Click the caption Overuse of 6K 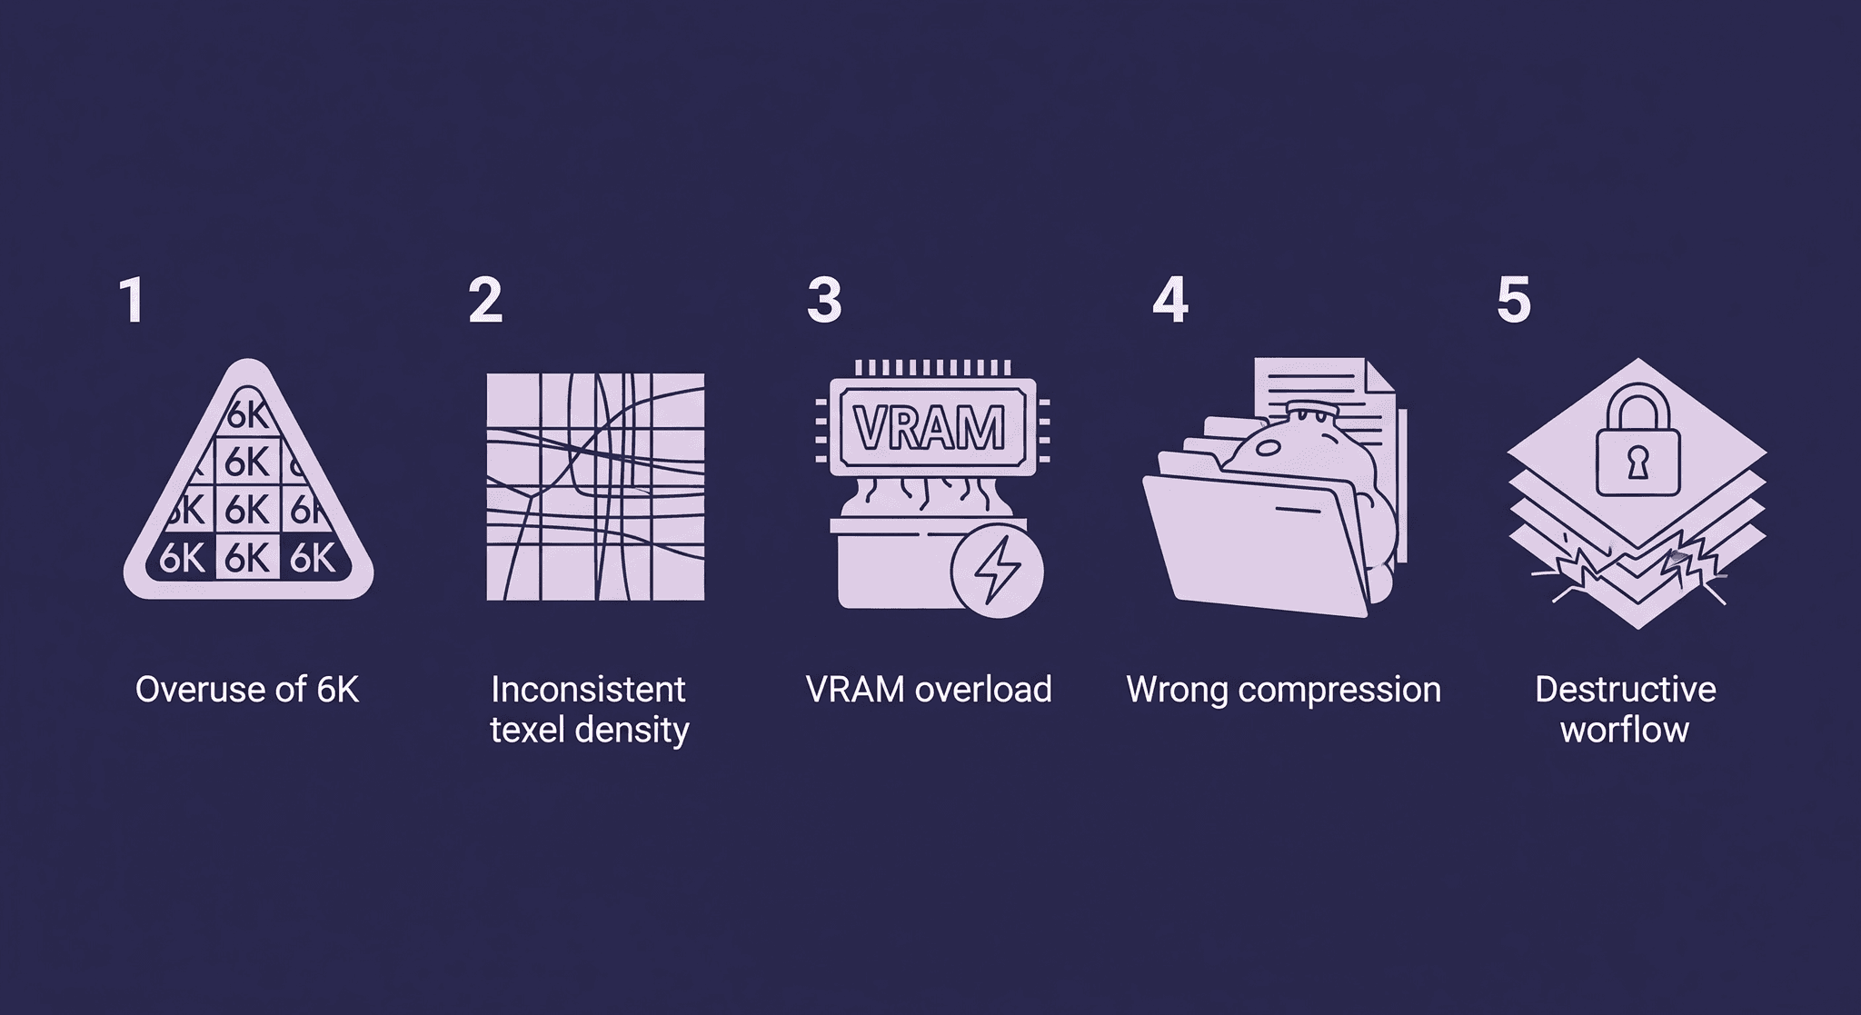(247, 690)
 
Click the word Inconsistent (588, 690)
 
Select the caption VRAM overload (929, 690)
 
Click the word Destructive (1625, 690)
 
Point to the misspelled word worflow (1625, 730)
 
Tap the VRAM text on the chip (930, 427)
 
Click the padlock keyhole (1637, 463)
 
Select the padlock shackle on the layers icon (1637, 405)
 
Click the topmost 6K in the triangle (247, 414)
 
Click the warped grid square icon (595, 487)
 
